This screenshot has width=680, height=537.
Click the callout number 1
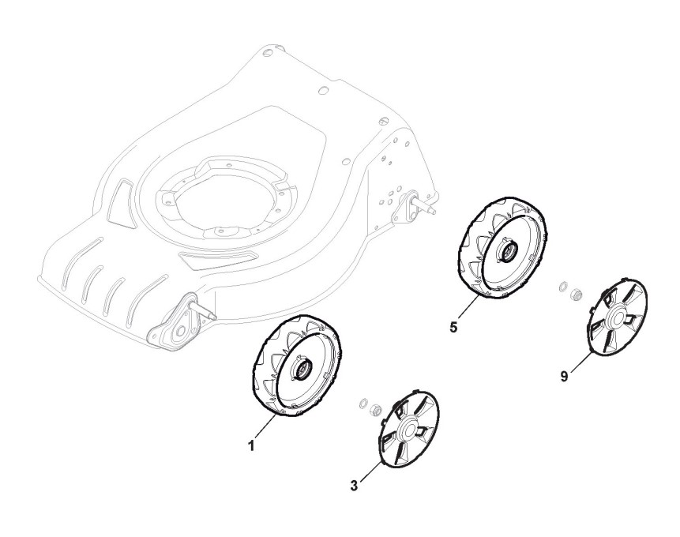(x=251, y=445)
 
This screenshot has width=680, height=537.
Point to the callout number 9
(x=564, y=377)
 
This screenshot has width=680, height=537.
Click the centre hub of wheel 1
(x=302, y=367)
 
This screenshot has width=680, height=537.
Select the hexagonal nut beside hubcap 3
(x=376, y=409)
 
